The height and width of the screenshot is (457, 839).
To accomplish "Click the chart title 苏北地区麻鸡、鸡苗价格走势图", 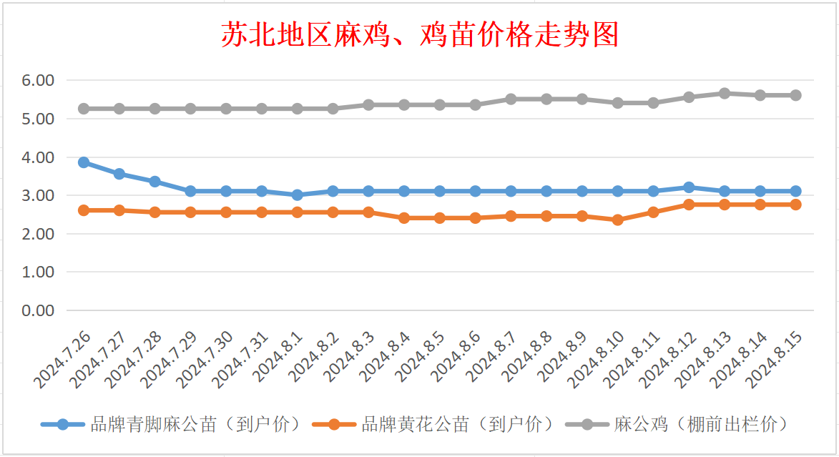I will coord(419,34).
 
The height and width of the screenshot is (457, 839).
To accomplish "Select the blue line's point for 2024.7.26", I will coord(84,162).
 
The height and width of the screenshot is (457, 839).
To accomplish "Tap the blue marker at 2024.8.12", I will coord(689,187).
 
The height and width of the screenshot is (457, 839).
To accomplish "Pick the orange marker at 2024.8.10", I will coord(617,220).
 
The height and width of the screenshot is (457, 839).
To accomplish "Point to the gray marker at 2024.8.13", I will coord(725,94).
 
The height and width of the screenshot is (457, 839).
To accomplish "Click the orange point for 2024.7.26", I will coord(84,210).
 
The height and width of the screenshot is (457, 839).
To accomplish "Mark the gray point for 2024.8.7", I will coord(511,99).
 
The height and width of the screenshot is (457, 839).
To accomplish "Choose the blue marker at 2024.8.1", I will coord(298,195).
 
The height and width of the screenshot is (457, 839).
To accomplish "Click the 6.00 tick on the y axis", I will coord(38,81).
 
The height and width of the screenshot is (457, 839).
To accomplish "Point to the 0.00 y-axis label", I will coord(38,310).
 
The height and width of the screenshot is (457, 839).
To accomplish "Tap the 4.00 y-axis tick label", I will coord(38,157).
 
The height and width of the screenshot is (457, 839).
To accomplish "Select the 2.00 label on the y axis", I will coord(38,234).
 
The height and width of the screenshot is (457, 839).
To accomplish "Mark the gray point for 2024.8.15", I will coord(795,95).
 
